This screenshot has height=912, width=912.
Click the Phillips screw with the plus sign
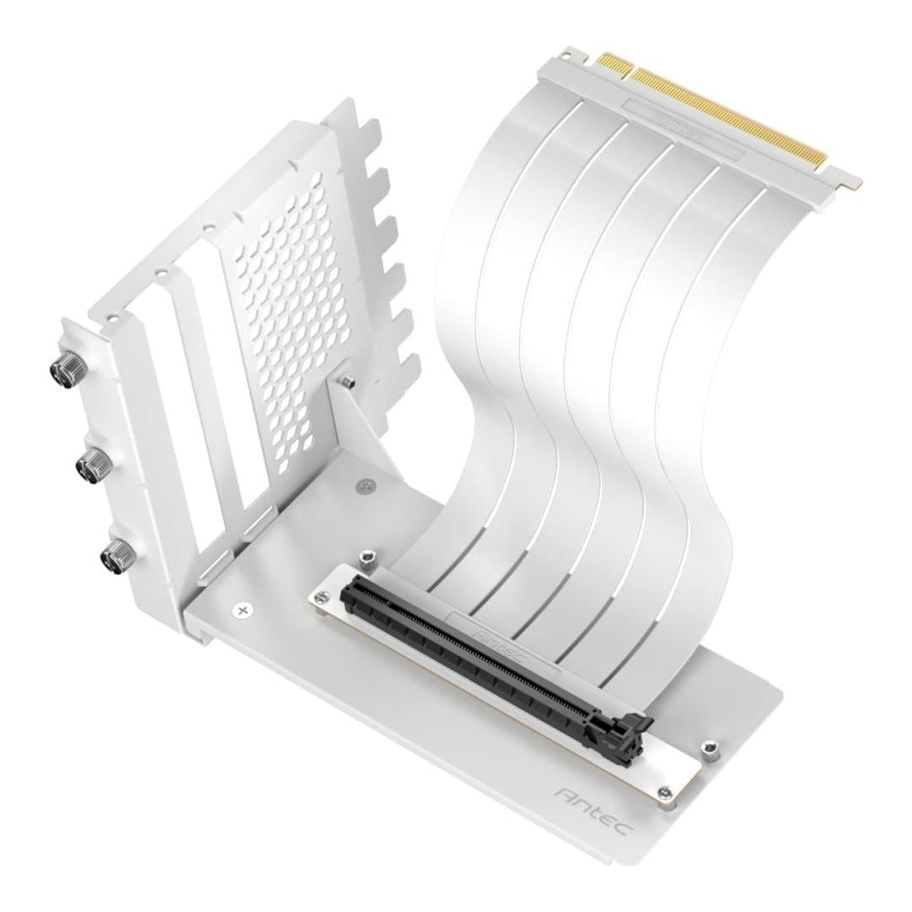pyautogui.click(x=244, y=609)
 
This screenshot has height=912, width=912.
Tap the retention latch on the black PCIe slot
pyautogui.click(x=634, y=722)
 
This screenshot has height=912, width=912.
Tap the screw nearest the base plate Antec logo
pyautogui.click(x=666, y=792)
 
